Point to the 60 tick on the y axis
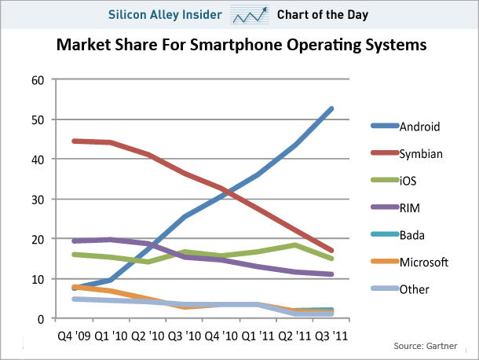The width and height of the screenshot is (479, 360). click(x=37, y=79)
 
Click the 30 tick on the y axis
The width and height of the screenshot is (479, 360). click(x=37, y=199)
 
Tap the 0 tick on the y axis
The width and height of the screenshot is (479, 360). click(x=40, y=318)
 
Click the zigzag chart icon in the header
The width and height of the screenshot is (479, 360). click(x=248, y=14)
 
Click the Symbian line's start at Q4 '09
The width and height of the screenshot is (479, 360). click(x=73, y=141)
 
